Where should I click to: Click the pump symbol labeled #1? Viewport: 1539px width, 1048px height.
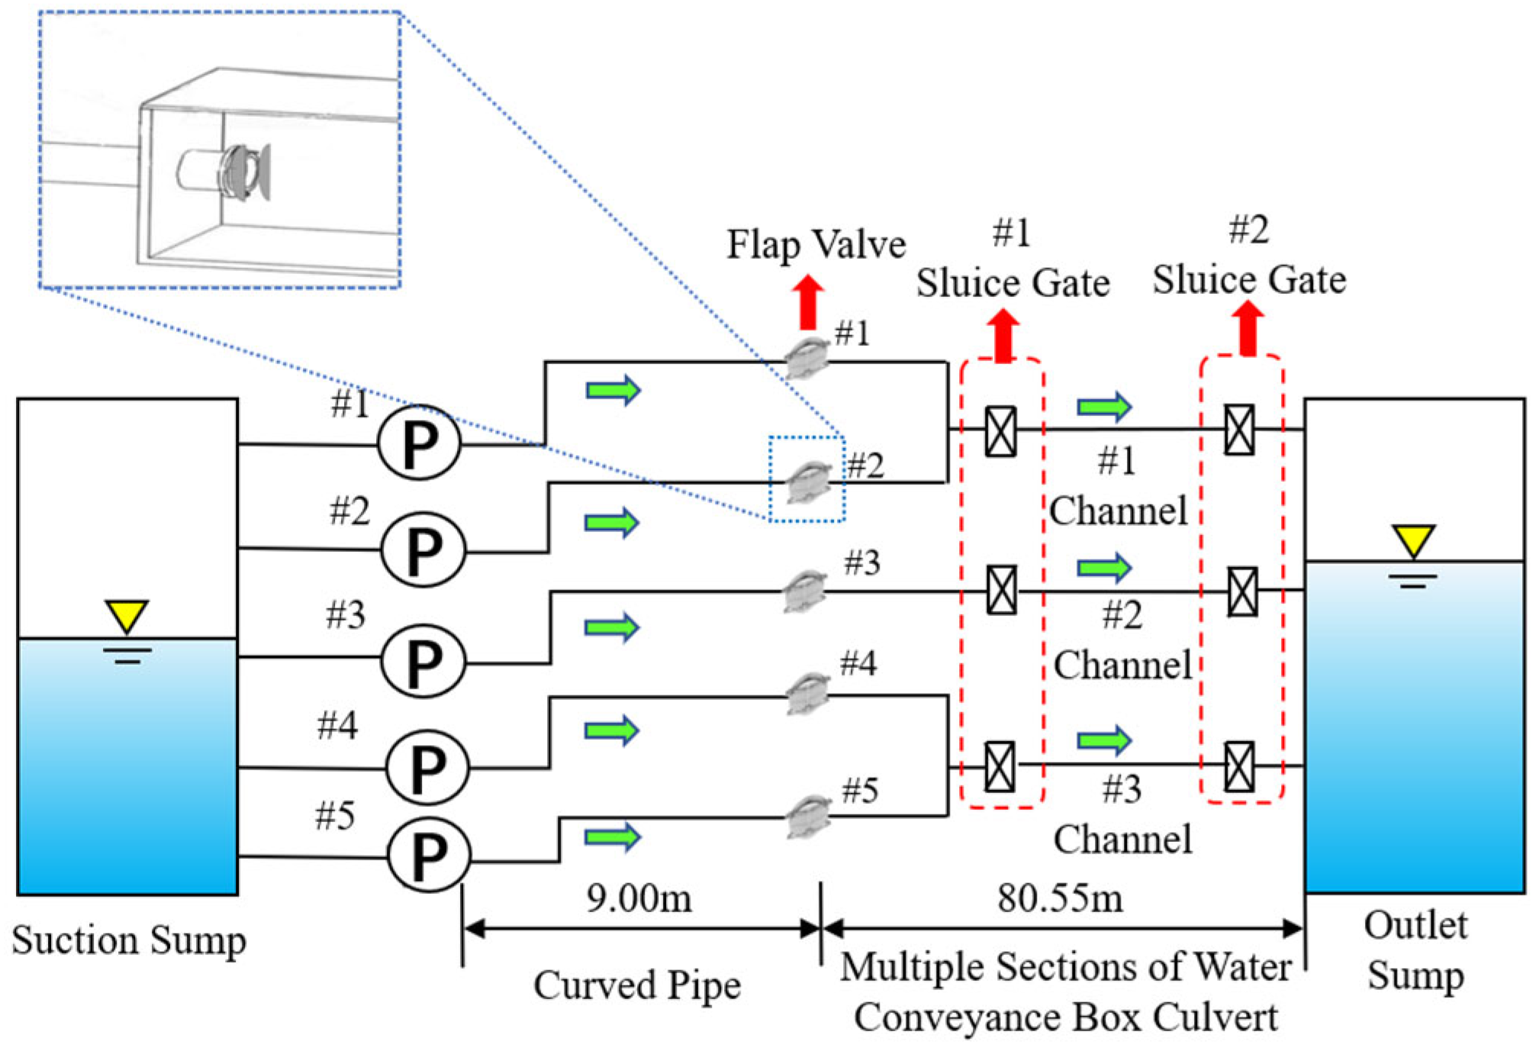(x=420, y=443)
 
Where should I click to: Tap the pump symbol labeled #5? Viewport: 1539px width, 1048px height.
(x=429, y=855)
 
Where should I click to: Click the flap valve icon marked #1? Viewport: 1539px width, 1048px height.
(x=807, y=357)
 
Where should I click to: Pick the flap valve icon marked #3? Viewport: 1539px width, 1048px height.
(x=805, y=591)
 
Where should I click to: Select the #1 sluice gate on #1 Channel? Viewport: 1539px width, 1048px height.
(x=1000, y=431)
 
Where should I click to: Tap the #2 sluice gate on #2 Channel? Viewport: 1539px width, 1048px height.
(x=1242, y=592)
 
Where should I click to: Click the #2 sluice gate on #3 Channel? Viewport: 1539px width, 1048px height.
(x=1239, y=766)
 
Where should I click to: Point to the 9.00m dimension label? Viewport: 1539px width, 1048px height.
(x=639, y=898)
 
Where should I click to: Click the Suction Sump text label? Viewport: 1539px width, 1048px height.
(x=129, y=940)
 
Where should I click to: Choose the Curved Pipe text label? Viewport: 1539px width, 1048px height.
(x=637, y=985)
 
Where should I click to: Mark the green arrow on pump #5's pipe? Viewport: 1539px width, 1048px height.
(x=612, y=837)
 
